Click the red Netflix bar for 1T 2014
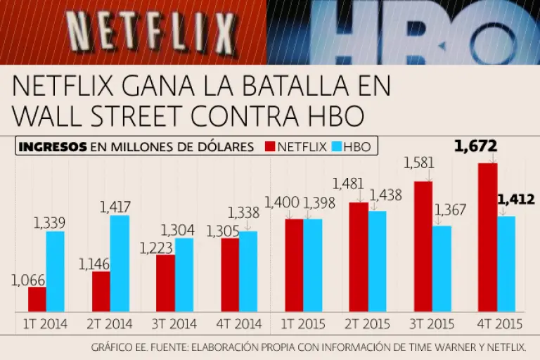37,300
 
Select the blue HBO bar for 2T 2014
120,264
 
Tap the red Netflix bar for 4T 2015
488,238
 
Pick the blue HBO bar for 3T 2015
442,269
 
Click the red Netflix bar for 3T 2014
165,283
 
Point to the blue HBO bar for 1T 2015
313,265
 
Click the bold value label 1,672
476,146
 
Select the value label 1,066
28,280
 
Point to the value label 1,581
419,163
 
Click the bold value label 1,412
516,201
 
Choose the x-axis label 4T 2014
239,324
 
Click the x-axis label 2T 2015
367,324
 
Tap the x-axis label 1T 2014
46,324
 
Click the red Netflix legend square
269,147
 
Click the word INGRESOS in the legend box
52,147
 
